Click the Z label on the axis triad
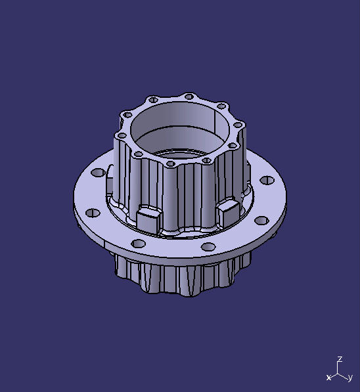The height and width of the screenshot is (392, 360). click(x=340, y=360)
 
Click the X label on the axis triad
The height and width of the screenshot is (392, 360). click(x=328, y=378)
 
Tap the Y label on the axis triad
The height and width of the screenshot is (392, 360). click(x=350, y=378)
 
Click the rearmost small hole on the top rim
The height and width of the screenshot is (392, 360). click(x=189, y=97)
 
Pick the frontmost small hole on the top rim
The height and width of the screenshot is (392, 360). click(x=169, y=163)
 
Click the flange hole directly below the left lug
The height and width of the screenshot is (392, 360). click(x=139, y=244)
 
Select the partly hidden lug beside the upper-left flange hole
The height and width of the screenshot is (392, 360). click(x=111, y=172)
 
